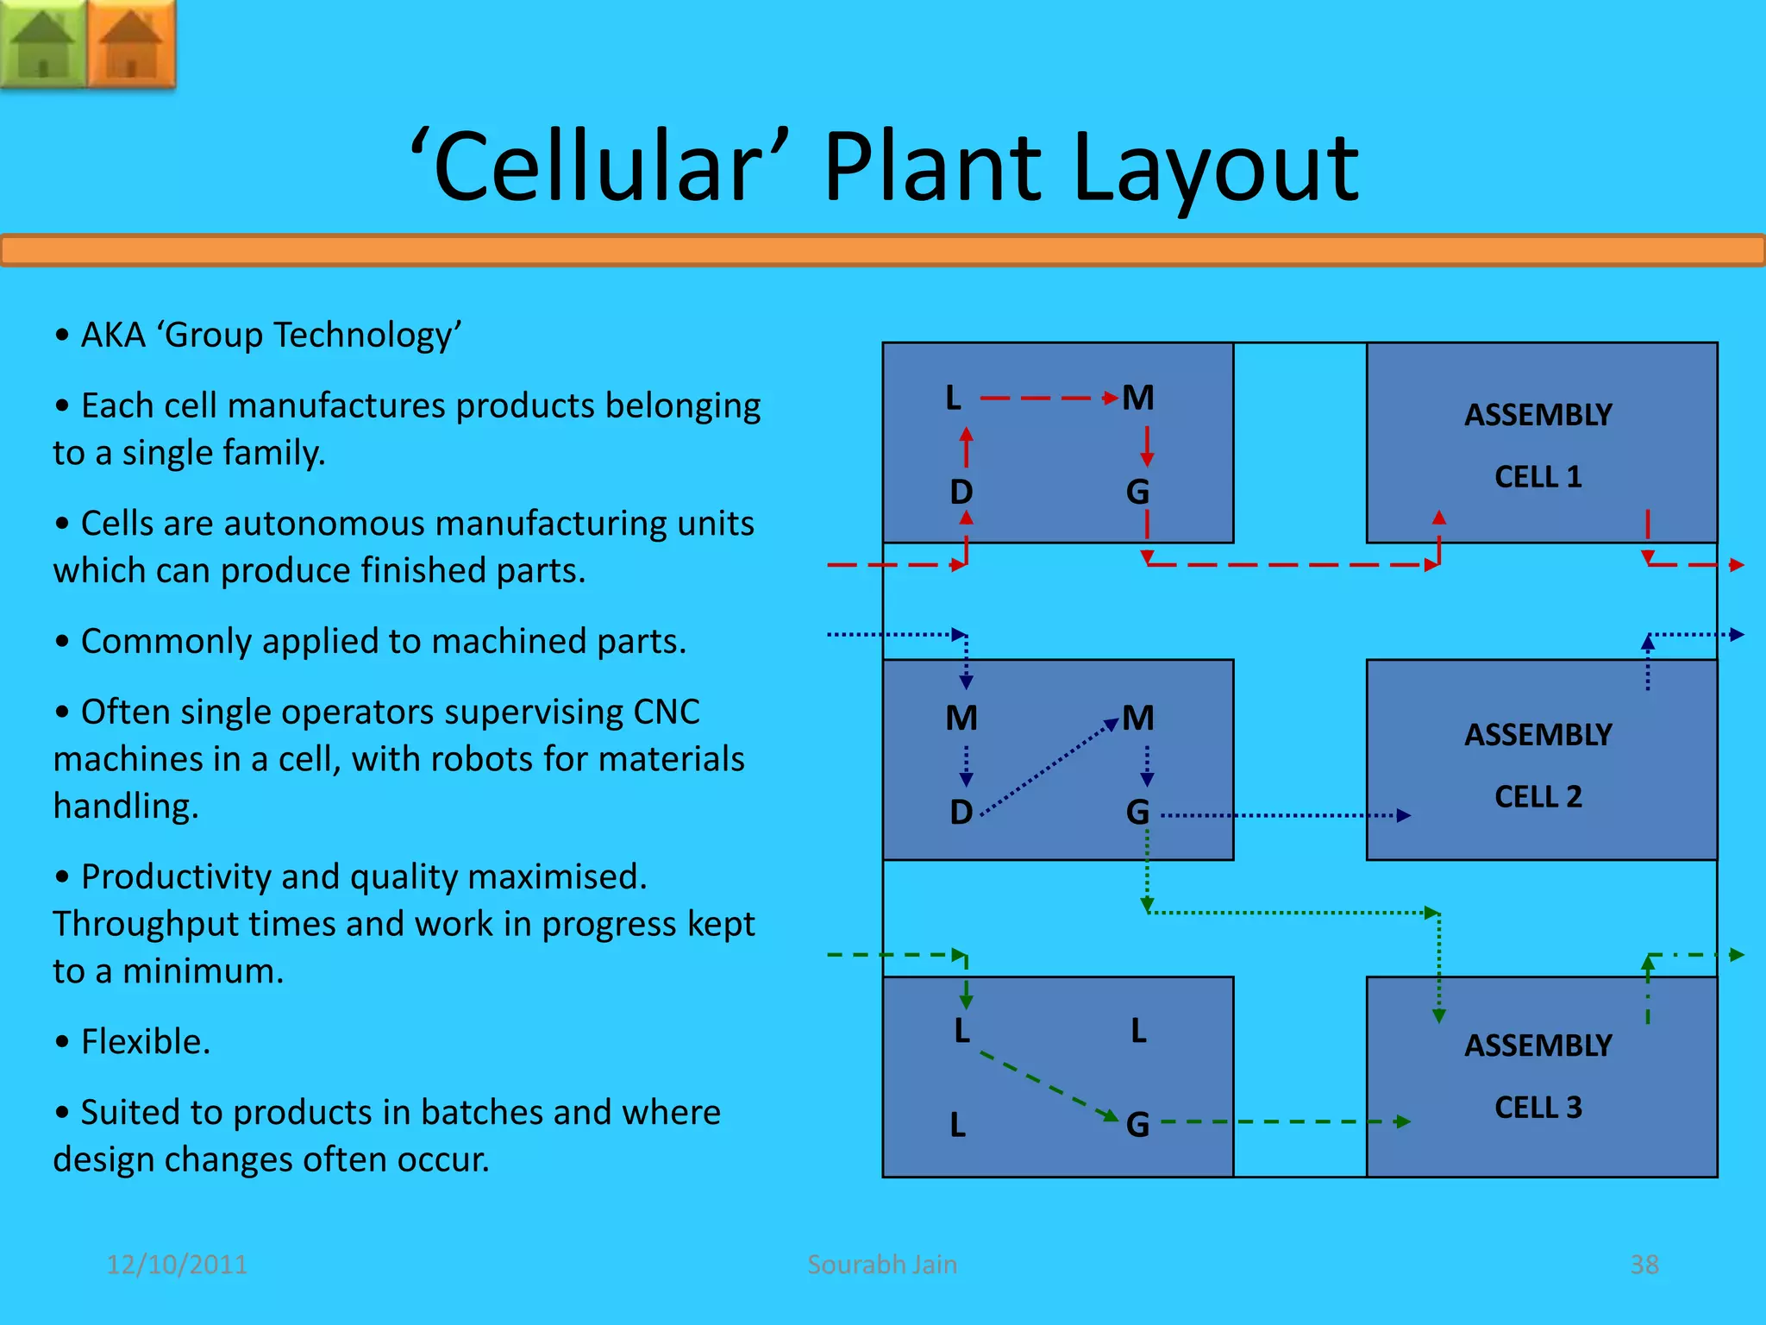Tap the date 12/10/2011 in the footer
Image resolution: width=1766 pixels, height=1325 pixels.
click(177, 1265)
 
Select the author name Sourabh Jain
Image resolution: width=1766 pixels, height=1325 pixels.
click(882, 1265)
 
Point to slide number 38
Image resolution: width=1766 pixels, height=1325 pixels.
click(1644, 1265)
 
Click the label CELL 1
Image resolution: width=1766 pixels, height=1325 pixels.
click(1538, 477)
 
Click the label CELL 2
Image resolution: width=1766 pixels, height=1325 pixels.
click(1538, 796)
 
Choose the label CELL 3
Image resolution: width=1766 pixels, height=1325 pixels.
click(1538, 1107)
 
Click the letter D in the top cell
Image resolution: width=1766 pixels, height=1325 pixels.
click(961, 493)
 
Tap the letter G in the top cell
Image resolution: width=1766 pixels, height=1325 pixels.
click(1137, 493)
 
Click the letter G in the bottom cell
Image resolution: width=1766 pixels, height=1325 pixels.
click(1137, 1125)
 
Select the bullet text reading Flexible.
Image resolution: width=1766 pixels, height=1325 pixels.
click(145, 1042)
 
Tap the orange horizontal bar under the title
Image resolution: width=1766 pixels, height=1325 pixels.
click(883, 251)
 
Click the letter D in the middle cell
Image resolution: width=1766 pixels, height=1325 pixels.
click(961, 813)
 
